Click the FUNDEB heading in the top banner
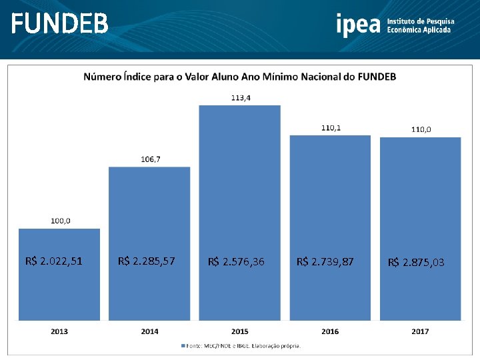(x=59, y=25)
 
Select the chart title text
(x=239, y=77)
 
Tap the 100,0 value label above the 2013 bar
(x=59, y=221)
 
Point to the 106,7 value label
(x=149, y=159)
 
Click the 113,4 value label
(x=240, y=97)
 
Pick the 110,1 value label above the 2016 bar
(x=330, y=127)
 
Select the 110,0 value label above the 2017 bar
(x=420, y=129)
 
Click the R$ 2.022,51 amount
(x=54, y=261)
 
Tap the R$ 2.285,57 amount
(x=146, y=261)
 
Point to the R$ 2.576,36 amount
(x=236, y=262)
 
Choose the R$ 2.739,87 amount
(x=325, y=262)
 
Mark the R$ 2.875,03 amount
(x=416, y=263)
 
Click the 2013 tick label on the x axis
(x=59, y=331)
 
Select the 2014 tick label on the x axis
(x=149, y=331)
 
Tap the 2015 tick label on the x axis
(x=240, y=331)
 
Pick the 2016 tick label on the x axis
(x=330, y=331)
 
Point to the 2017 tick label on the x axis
(x=420, y=331)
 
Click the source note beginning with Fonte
(x=244, y=345)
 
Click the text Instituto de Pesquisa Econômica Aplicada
(x=419, y=26)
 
